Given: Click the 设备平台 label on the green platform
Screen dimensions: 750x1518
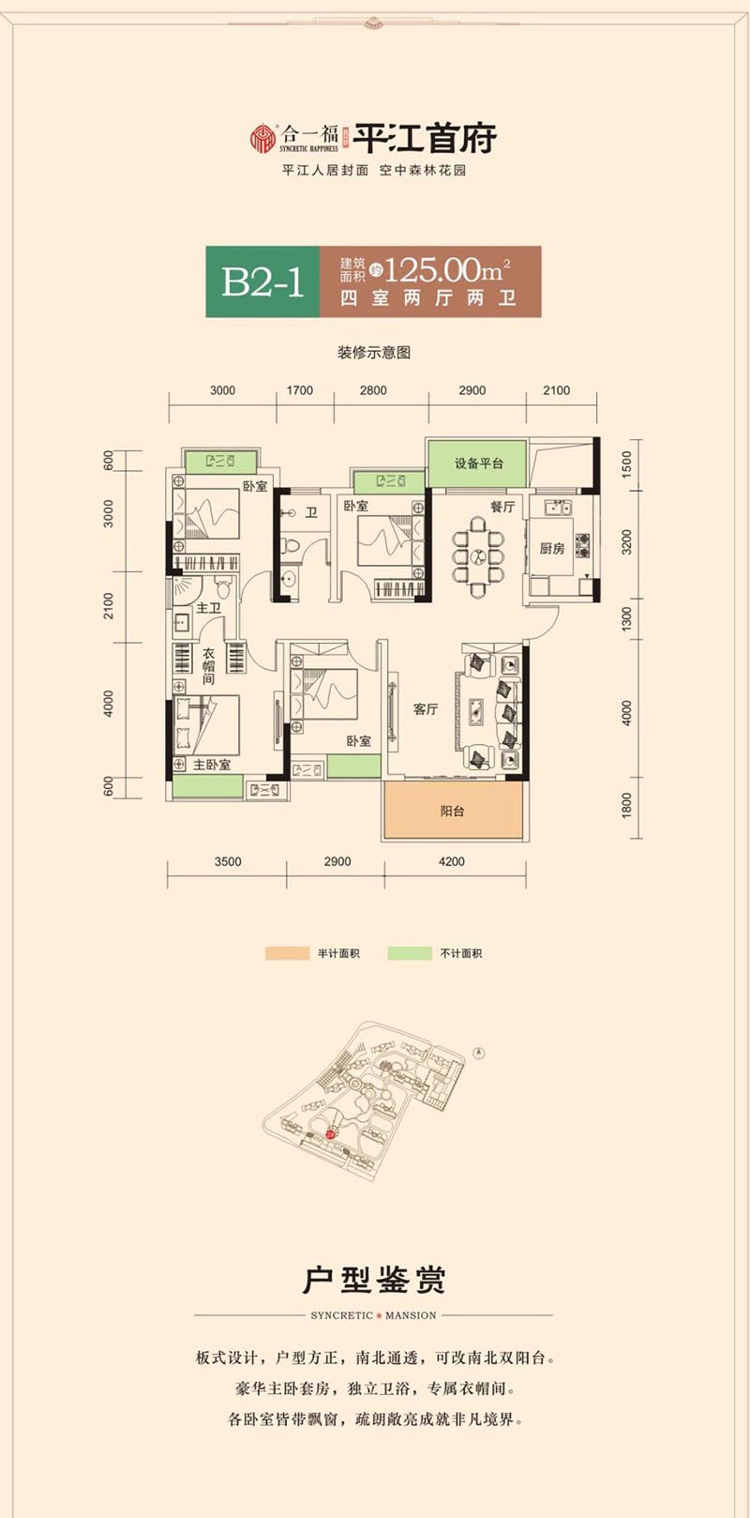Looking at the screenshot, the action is (478, 464).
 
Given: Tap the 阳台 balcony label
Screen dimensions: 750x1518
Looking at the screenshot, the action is (452, 811).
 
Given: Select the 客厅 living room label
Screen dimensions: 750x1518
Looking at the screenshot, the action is (426, 709).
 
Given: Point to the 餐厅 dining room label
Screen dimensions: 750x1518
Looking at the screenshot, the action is (502, 507).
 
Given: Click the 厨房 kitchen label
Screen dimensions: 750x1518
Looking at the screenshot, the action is (551, 548).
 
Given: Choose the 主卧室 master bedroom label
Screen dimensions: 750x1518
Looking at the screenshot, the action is (212, 765).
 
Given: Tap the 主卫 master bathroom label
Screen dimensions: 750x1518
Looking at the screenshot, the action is (208, 608).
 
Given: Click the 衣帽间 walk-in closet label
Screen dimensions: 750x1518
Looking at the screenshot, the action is (208, 666).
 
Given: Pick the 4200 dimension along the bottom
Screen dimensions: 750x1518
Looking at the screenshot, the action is (452, 861).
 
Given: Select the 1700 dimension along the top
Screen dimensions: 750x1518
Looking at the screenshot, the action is (300, 390).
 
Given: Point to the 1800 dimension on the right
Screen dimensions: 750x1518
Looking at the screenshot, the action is (626, 805).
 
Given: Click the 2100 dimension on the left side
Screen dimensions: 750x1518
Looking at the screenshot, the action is (109, 606).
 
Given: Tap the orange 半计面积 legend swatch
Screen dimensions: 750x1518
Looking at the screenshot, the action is (287, 953).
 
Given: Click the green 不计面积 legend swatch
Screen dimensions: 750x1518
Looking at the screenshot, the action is (410, 953).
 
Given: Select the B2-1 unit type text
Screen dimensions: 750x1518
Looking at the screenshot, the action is (262, 281).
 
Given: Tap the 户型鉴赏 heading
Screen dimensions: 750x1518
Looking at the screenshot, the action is (374, 1280).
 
